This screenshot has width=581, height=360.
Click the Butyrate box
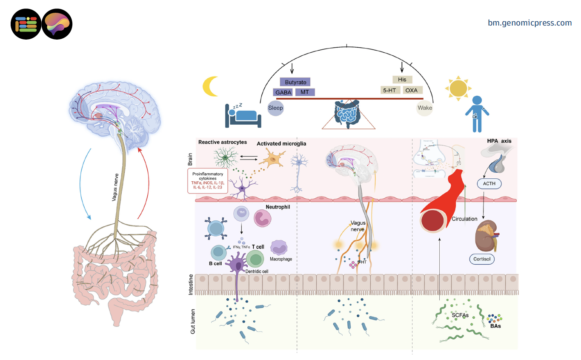click(x=295, y=82)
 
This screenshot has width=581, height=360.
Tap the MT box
click(x=305, y=92)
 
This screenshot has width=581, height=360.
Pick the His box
click(x=402, y=80)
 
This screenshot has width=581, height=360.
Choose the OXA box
click(x=412, y=90)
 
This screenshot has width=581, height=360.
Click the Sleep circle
click(x=275, y=108)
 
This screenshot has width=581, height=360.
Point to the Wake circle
click(x=424, y=108)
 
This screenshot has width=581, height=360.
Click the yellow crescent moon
click(x=210, y=86)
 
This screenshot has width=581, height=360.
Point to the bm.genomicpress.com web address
click(x=529, y=23)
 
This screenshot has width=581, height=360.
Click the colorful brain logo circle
click(x=57, y=25)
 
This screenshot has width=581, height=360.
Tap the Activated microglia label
click(x=281, y=144)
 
